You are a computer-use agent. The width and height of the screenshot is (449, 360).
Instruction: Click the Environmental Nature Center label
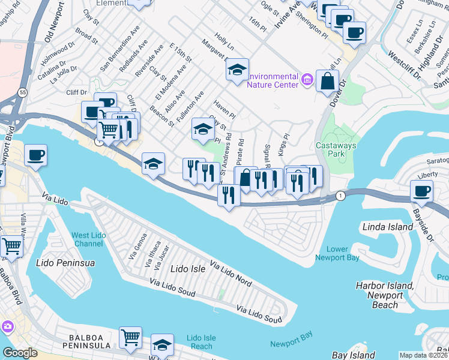(x=273, y=80)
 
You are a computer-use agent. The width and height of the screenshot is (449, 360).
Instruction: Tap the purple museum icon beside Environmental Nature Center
(x=307, y=79)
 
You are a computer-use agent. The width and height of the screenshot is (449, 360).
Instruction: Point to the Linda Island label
(x=388, y=227)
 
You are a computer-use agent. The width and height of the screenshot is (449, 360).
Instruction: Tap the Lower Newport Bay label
(x=337, y=253)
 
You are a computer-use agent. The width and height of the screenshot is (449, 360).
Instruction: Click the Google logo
(x=20, y=353)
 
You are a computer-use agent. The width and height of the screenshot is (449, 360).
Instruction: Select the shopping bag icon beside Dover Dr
(x=327, y=82)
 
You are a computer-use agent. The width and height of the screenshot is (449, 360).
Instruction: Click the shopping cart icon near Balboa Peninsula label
(x=130, y=337)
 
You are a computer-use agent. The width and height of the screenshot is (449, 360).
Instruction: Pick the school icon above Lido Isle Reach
(x=162, y=344)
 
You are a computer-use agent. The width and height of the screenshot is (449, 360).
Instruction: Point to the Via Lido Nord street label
(x=231, y=273)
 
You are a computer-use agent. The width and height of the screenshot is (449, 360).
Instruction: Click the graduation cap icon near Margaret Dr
(x=237, y=70)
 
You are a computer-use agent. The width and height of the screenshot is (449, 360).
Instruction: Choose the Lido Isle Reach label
(x=199, y=342)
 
